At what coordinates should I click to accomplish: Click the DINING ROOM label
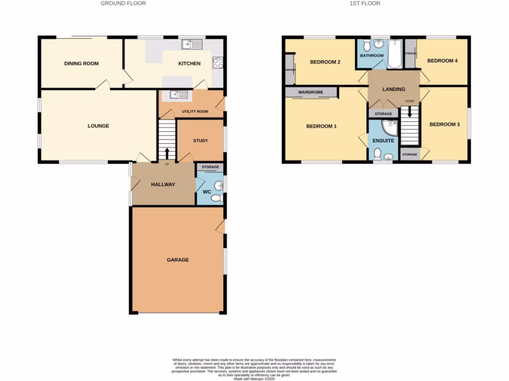click(81, 63)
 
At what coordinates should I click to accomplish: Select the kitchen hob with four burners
click(218, 63)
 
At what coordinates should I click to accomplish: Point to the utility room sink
click(177, 94)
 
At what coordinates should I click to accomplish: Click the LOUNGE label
click(98, 126)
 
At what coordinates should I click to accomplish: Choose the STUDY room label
click(200, 141)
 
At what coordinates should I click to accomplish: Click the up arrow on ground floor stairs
click(167, 153)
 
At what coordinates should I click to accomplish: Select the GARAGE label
click(177, 260)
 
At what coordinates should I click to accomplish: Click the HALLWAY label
click(163, 185)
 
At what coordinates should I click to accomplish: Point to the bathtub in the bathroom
click(395, 55)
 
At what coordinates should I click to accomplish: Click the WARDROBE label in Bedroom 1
click(310, 92)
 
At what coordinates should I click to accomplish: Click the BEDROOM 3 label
click(444, 125)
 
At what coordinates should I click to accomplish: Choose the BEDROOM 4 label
click(442, 61)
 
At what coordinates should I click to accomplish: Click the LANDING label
click(393, 89)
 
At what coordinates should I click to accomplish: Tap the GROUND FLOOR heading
click(123, 3)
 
